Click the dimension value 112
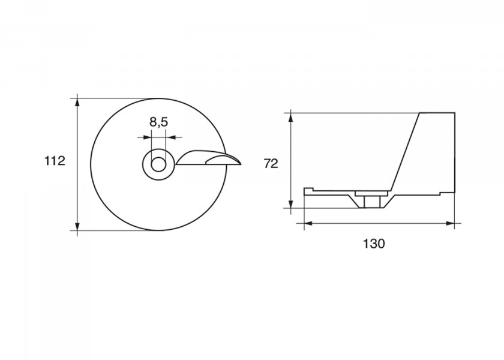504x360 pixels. tap(55, 161)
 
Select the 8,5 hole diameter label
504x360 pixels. tap(159, 122)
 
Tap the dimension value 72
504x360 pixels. tap(271, 164)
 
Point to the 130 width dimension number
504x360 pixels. tap(374, 244)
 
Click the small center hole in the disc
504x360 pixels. tap(158, 164)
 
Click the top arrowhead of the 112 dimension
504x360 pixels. tap(77, 103)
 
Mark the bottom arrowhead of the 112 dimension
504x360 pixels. tap(77, 226)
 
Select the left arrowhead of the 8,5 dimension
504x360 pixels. tap(146, 137)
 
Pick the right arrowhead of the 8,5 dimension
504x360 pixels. tap(170, 137)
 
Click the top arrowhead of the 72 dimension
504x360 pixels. tap(290, 117)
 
